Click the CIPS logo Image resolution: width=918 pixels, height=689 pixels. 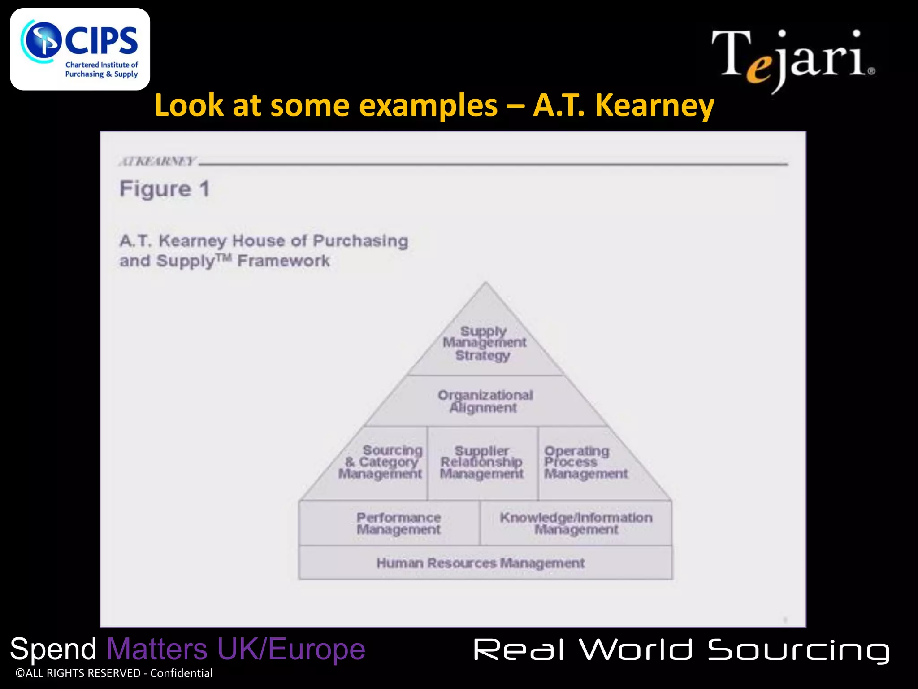(x=80, y=49)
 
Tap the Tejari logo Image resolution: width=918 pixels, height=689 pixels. (x=792, y=58)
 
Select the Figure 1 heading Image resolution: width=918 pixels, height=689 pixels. (x=165, y=188)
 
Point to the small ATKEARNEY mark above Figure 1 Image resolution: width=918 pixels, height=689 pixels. (x=157, y=161)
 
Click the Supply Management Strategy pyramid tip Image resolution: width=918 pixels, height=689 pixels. (x=484, y=343)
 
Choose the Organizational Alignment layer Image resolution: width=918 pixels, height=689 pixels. (x=485, y=401)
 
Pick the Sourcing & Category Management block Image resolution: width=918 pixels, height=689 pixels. (x=381, y=462)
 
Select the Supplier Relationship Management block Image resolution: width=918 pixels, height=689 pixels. (x=482, y=462)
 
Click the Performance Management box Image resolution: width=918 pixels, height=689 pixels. (x=398, y=523)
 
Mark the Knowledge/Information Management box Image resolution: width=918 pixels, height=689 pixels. (x=576, y=523)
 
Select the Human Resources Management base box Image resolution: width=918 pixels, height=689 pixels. (x=481, y=563)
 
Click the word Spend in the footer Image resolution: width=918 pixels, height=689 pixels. (x=53, y=650)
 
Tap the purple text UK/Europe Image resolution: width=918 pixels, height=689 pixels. (x=291, y=650)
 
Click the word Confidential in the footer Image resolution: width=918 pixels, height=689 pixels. (x=181, y=673)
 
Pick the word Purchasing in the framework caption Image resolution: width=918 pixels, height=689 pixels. (x=360, y=241)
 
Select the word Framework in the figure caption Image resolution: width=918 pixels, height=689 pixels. (x=283, y=261)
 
